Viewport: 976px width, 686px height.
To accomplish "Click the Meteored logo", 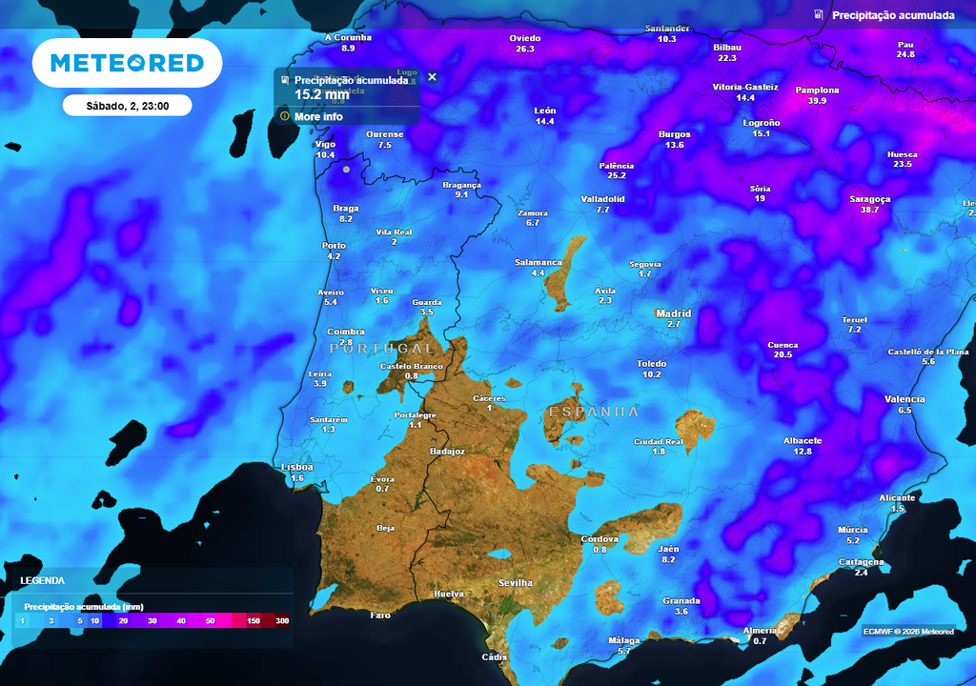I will point(127,63).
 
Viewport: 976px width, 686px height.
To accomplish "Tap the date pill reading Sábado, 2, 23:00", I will point(127,106).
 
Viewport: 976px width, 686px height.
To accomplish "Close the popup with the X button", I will point(432,77).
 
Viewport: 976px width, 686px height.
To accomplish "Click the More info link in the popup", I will point(318,116).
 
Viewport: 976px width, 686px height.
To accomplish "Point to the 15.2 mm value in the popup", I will point(322,94).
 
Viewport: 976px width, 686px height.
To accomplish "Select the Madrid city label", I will point(673,313).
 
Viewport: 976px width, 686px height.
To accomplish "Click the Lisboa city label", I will point(296,467).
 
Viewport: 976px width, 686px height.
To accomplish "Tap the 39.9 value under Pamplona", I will point(817,101).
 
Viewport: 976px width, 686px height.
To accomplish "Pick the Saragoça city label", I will point(869,199).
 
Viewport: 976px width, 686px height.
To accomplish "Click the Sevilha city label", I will point(516,582).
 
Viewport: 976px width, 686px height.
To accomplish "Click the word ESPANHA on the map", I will point(593,412).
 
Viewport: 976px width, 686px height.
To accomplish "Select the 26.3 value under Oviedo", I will point(525,49).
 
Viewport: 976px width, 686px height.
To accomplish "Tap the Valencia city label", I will point(905,399).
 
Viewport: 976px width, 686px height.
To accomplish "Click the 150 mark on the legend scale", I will point(254,621).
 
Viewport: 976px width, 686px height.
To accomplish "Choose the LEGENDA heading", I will point(43,580).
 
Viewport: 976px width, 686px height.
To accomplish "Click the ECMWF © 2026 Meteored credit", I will point(908,631).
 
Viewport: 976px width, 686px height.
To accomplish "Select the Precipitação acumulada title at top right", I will point(893,15).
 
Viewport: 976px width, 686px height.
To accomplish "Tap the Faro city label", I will point(380,615).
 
